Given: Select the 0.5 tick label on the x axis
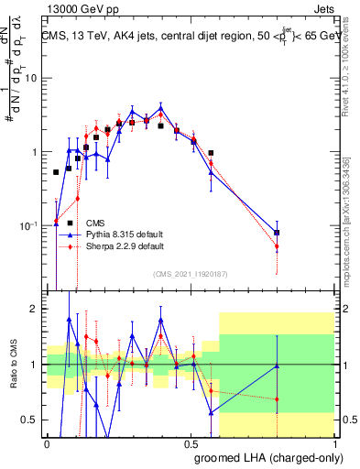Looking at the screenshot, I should (191, 442).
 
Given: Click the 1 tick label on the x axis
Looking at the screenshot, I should (335, 442).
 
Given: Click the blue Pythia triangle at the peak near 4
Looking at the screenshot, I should (160, 107).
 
